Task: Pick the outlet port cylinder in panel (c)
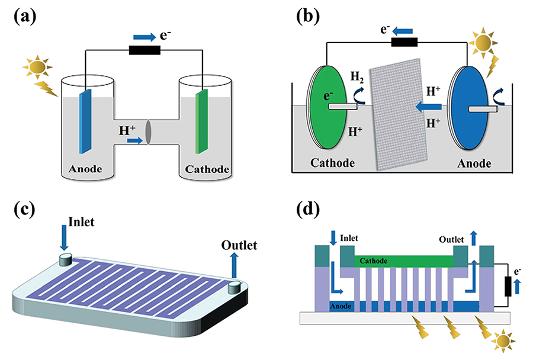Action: (235, 287)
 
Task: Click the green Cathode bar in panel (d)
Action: (403, 261)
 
